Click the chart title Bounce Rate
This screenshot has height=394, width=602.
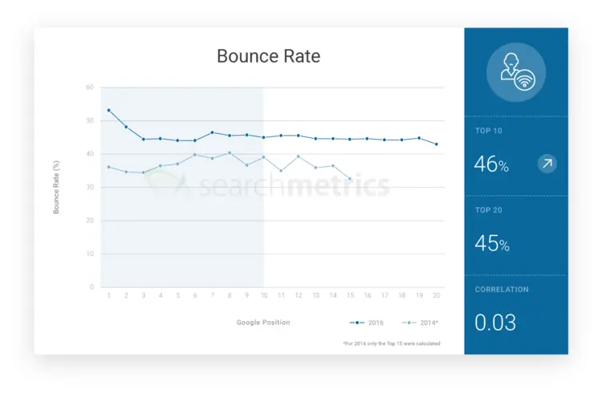[x=268, y=56]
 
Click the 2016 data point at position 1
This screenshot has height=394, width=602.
[x=108, y=110]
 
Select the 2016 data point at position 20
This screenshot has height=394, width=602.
[x=437, y=144]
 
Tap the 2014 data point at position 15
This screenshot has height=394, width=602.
[x=350, y=178]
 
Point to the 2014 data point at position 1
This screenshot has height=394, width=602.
[x=108, y=167]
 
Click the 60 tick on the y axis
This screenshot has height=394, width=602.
[x=90, y=87]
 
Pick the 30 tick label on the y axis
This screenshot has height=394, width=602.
[x=90, y=187]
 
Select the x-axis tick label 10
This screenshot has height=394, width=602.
[x=264, y=295]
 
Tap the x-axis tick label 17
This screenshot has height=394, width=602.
[x=384, y=295]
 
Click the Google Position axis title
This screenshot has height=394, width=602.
[x=263, y=323]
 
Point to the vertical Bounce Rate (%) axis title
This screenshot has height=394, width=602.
[x=56, y=187]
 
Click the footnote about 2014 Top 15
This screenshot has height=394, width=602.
[x=391, y=343]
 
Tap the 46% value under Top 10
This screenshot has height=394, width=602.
[x=491, y=165]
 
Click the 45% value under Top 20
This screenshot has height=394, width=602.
[x=491, y=244]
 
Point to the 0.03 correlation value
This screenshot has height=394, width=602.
[x=495, y=323]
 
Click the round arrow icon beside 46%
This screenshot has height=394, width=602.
[x=547, y=165]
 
